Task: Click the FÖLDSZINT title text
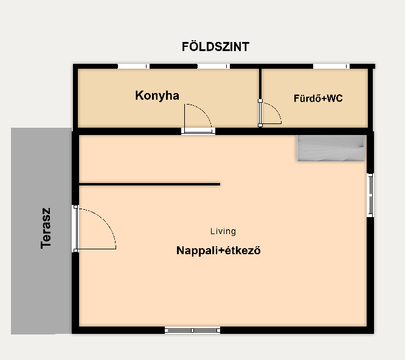pyautogui.click(x=215, y=47)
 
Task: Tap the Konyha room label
pyautogui.click(x=157, y=95)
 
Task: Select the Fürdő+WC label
pyautogui.click(x=318, y=98)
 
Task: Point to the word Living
pyautogui.click(x=223, y=231)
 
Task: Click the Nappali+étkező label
pyautogui.click(x=218, y=251)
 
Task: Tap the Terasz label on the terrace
pyautogui.click(x=46, y=228)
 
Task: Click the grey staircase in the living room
pyautogui.click(x=331, y=148)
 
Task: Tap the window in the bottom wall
pyautogui.click(x=192, y=330)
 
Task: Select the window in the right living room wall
pyautogui.click(x=370, y=195)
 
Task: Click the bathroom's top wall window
pyautogui.click(x=331, y=66)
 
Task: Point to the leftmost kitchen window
pyautogui.click(x=134, y=66)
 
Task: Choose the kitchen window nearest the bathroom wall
pyautogui.click(x=213, y=66)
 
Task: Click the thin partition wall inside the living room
pyautogui.click(x=150, y=184)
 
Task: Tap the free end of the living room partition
pyautogui.click(x=220, y=184)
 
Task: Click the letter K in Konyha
pyautogui.click(x=139, y=95)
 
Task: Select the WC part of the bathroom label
pyautogui.click(x=334, y=98)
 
